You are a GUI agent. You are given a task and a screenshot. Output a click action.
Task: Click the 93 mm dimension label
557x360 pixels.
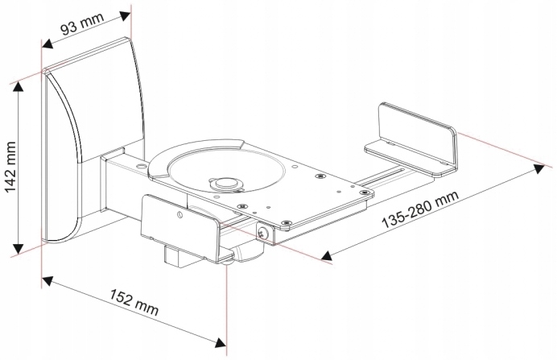[x=82, y=24]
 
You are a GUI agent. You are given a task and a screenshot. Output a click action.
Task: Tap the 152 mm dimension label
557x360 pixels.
[x=134, y=303]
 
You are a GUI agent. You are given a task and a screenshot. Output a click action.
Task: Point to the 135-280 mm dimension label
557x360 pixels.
[x=421, y=209]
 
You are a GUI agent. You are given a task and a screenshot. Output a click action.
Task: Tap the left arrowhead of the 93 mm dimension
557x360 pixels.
[x=47, y=43]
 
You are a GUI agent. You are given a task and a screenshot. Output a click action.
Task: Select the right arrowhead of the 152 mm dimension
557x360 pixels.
[x=221, y=342]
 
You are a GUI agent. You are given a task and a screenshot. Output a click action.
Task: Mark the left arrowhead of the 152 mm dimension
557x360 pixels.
[x=47, y=282]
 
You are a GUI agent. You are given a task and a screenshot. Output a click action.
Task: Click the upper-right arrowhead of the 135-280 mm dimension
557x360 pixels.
[x=538, y=169]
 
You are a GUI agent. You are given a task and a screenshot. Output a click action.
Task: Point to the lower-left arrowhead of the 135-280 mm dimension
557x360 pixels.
[x=326, y=255]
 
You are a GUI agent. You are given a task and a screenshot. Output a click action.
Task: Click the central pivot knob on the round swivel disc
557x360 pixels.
[x=225, y=183]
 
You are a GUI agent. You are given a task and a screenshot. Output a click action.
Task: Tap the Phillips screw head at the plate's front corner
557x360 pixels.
[x=262, y=234]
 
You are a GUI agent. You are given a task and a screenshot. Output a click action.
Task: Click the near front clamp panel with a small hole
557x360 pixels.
[x=181, y=227]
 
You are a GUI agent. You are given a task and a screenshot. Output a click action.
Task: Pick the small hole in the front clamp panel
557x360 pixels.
[x=179, y=214]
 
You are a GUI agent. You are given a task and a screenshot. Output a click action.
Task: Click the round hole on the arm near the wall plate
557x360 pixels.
[x=142, y=165]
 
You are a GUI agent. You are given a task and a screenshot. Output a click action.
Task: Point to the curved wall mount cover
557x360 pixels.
[x=93, y=139]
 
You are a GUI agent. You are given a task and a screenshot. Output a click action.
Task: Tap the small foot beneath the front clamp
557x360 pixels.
[x=226, y=263]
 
